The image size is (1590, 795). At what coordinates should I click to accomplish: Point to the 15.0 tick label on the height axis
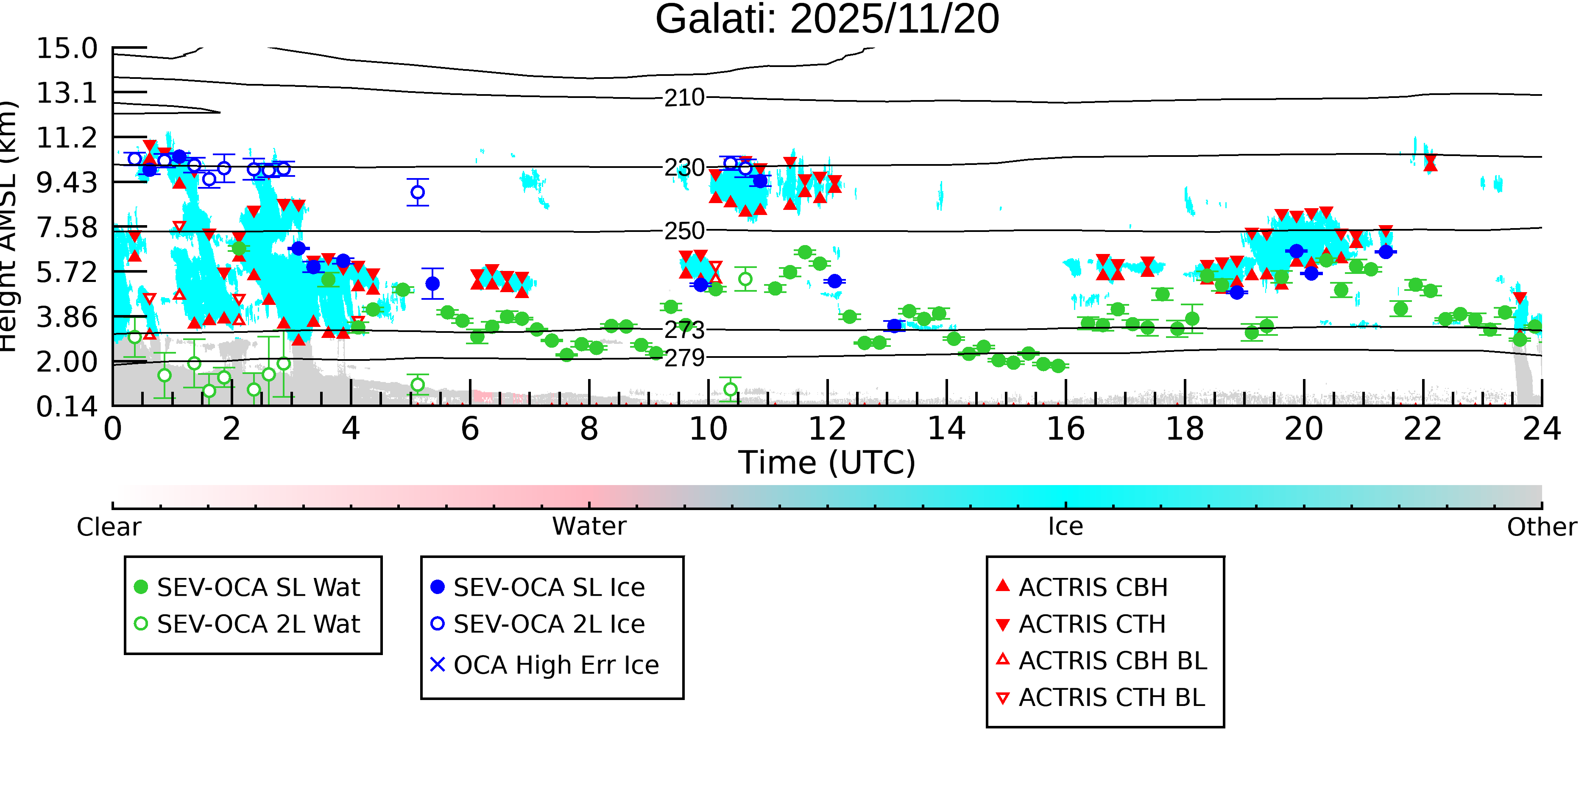[x=67, y=49]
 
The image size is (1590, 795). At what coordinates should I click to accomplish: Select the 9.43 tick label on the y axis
[x=67, y=183]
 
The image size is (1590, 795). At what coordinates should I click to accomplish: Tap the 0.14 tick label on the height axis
[x=67, y=407]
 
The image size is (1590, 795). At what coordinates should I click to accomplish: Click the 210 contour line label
[x=684, y=98]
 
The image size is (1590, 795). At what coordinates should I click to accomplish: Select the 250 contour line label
[x=684, y=231]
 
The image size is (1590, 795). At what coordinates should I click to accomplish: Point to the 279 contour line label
[x=684, y=358]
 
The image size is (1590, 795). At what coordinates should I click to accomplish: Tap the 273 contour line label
[x=684, y=331]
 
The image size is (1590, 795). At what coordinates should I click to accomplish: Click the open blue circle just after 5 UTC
[x=418, y=192]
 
